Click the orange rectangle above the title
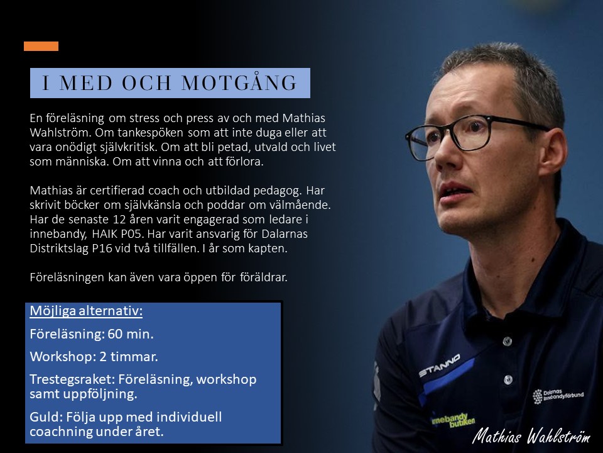41,46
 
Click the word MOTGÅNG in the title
239,83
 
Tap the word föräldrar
263,277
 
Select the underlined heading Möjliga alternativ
86,311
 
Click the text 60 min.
131,334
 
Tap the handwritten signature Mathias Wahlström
531,435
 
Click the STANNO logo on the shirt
439,366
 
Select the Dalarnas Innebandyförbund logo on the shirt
558,396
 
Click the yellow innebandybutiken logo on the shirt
453,420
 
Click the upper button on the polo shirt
508,341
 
